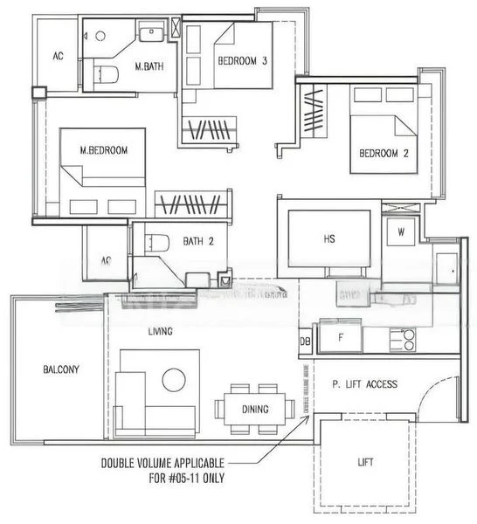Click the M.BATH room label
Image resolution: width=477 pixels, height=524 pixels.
pyautogui.click(x=149, y=65)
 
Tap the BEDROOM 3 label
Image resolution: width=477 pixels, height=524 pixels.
pyautogui.click(x=242, y=60)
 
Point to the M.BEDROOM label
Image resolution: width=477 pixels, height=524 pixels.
pyautogui.click(x=104, y=150)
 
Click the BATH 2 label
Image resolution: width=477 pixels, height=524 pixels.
pyautogui.click(x=198, y=242)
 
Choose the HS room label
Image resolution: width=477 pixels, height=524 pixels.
pyautogui.click(x=329, y=238)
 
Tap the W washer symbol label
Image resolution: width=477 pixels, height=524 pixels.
pyautogui.click(x=401, y=232)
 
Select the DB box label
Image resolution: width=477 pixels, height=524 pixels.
pyautogui.click(x=305, y=341)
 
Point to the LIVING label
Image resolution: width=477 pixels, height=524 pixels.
pyautogui.click(x=160, y=331)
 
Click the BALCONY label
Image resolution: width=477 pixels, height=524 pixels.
pyautogui.click(x=60, y=369)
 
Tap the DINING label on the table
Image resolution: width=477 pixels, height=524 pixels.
pyautogui.click(x=256, y=409)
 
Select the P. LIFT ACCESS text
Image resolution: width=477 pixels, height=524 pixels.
pyautogui.click(x=365, y=384)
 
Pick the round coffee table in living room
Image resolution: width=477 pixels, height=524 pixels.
pyautogui.click(x=174, y=379)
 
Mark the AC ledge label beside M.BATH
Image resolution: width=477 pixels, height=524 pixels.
pyautogui.click(x=59, y=56)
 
